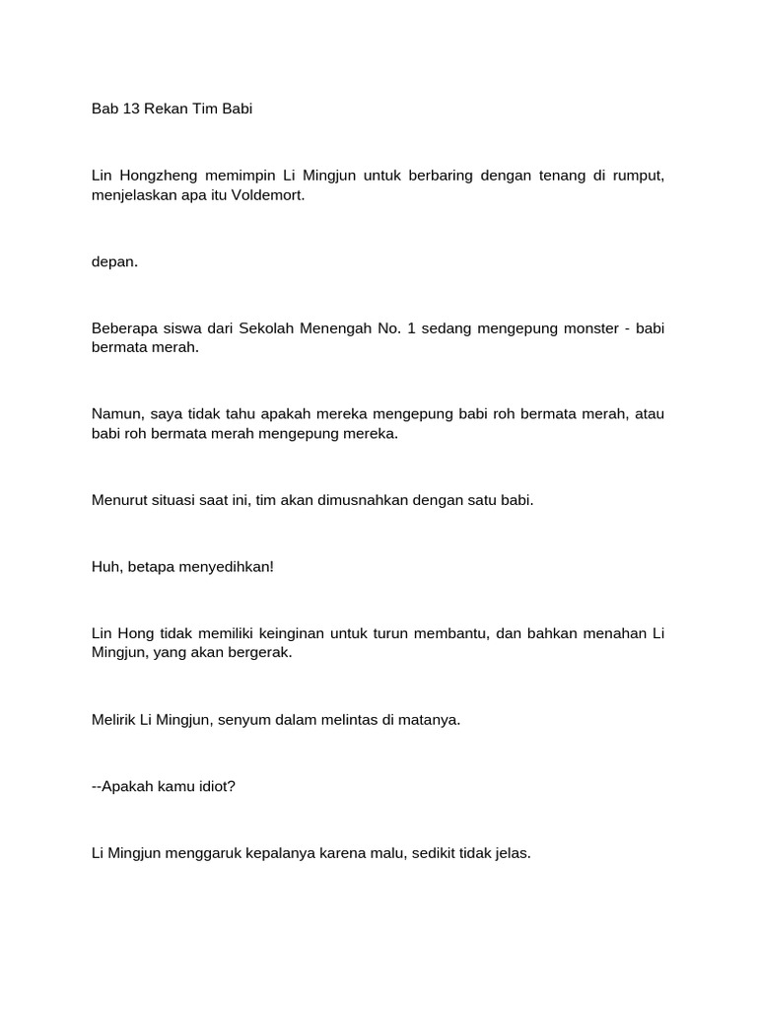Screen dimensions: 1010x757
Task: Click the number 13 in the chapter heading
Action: (129, 108)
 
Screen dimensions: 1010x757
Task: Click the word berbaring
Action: (447, 176)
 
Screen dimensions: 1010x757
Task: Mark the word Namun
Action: (115, 414)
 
